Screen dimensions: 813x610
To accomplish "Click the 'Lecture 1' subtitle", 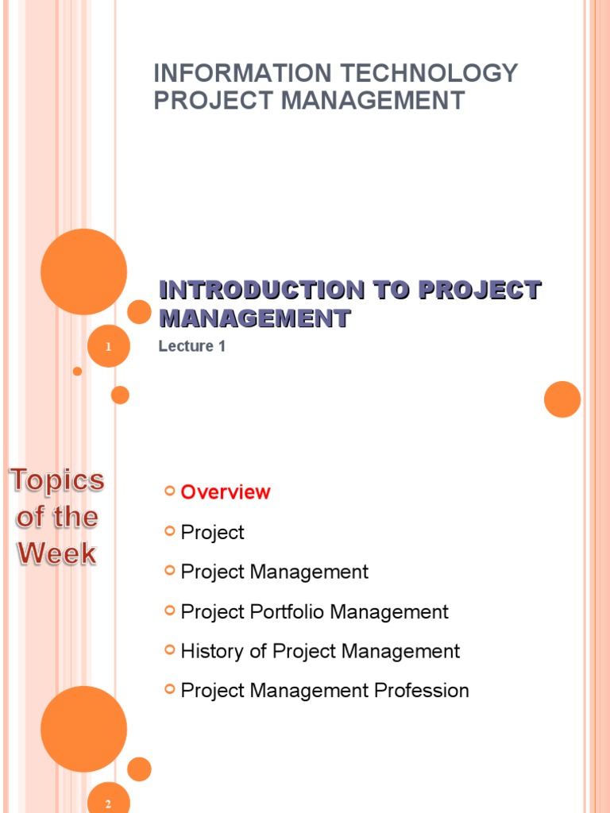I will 191,346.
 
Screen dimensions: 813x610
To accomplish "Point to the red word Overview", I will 226,492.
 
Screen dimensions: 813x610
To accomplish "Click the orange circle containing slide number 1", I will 108,346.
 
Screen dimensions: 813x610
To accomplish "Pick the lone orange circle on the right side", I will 562,399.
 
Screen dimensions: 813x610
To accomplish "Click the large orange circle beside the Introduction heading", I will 83,272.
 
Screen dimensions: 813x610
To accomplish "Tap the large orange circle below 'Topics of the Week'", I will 83,729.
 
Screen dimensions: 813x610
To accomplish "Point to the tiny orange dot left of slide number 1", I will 77,371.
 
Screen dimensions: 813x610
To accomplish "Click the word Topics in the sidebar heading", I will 57,480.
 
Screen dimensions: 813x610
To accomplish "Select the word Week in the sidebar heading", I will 57,553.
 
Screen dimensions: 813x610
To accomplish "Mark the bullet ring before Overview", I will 169,491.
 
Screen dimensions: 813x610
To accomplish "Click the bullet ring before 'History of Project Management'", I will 169,650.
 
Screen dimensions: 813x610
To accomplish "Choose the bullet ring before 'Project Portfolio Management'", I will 169,611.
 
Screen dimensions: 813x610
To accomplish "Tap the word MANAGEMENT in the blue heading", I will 254,319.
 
